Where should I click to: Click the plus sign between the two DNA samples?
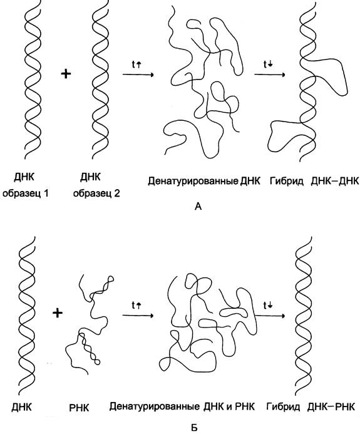tap(66, 74)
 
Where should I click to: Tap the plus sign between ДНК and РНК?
tap(58, 313)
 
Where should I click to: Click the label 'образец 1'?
tap(26, 193)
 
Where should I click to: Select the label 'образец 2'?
tap(96, 193)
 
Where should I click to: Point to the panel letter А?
tap(198, 207)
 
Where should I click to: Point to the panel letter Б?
tap(195, 428)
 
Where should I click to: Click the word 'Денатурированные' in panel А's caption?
tap(193, 181)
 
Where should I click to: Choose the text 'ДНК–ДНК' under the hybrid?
tap(335, 181)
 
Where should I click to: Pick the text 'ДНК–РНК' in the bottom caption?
tap(331, 407)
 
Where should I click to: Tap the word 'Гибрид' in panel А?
tap(286, 181)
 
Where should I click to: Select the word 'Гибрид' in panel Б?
tap(283, 407)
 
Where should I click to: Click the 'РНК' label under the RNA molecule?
tap(79, 408)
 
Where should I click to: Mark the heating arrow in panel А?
tap(138, 75)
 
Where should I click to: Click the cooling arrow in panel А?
tap(270, 75)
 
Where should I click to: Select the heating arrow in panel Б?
tap(138, 316)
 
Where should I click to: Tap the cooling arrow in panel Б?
tap(270, 316)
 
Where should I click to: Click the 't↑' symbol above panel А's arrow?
tap(136, 65)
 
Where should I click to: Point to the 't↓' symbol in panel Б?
tap(268, 306)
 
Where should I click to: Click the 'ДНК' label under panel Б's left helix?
tap(22, 408)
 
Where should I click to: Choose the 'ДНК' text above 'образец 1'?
tap(24, 177)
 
